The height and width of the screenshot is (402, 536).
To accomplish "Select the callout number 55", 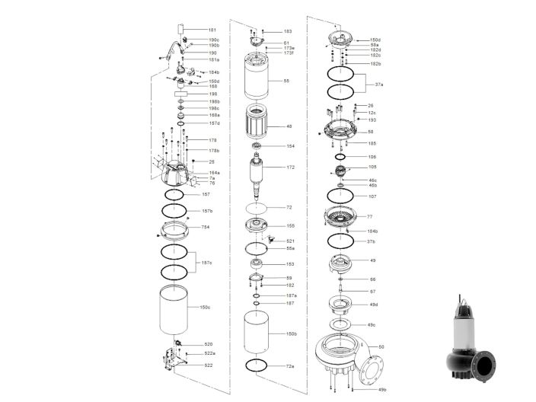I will pyautogui.click(x=286, y=81).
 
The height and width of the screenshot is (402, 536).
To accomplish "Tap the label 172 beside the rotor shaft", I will pyautogui.click(x=290, y=167).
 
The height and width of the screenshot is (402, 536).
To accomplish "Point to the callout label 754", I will pyautogui.click(x=205, y=227).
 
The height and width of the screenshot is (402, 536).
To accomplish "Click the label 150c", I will pyautogui.click(x=206, y=308).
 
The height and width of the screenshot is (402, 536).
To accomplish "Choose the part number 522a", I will pyautogui.click(x=209, y=354).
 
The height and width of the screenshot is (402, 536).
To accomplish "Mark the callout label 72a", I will pyautogui.click(x=290, y=366).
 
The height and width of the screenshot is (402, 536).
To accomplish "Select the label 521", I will pyautogui.click(x=290, y=241).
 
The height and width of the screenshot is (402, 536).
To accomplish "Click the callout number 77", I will pyautogui.click(x=370, y=217).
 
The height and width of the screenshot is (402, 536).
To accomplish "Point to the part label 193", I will pyautogui.click(x=372, y=120).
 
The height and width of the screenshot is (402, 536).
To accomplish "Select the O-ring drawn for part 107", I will pyautogui.click(x=341, y=196).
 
